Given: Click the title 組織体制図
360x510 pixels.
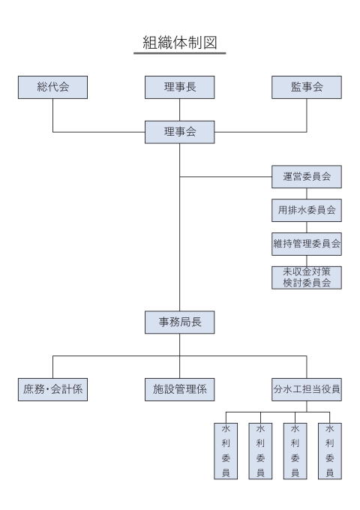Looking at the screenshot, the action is [x=179, y=43].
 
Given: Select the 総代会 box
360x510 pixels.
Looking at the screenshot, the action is [x=52, y=87].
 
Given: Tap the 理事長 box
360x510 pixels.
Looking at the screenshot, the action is [x=179, y=87].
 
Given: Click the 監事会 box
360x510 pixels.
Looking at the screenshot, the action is [x=307, y=87].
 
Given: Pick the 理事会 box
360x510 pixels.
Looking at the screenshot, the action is [x=179, y=132].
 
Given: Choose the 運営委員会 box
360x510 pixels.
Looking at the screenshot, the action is [x=307, y=176].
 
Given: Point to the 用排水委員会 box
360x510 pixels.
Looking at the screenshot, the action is [x=307, y=210].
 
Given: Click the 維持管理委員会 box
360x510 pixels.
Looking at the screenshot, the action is [x=307, y=244].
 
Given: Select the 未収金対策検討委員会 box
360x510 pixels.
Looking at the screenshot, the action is [x=307, y=277].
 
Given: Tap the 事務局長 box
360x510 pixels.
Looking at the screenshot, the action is [x=179, y=322].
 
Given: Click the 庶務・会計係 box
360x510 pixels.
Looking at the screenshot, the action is [x=52, y=389].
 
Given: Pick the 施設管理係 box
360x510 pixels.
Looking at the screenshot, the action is [x=179, y=389].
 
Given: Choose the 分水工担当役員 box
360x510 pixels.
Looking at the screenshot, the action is [x=307, y=389].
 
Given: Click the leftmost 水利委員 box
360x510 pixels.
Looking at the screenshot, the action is [x=226, y=451].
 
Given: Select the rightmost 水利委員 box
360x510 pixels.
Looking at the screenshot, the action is [x=330, y=451].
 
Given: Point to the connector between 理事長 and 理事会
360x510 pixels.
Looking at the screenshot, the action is [x=179, y=109].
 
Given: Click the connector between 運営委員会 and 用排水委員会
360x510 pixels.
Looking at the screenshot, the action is [x=307, y=193].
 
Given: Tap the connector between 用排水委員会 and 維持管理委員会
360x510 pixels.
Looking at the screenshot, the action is [x=307, y=227].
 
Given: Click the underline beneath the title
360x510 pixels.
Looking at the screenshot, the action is [x=179, y=53].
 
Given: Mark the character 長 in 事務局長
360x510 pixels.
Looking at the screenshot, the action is [x=196, y=322].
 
